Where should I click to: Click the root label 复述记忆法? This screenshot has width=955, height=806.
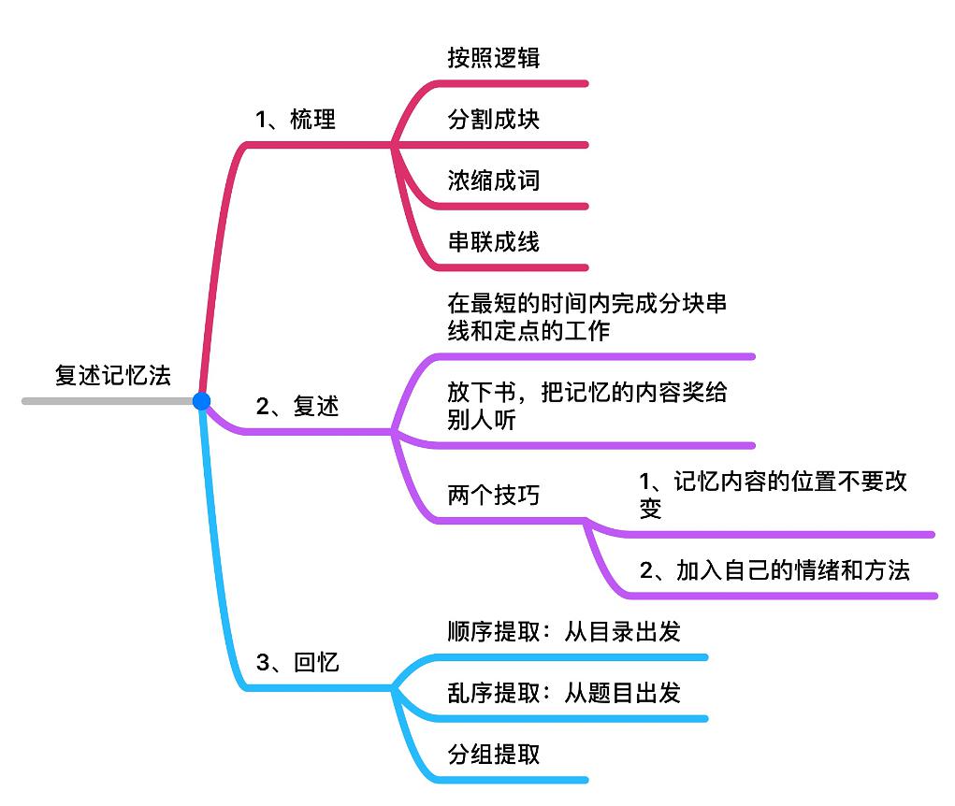click(112, 376)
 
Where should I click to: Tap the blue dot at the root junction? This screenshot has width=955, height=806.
click(201, 401)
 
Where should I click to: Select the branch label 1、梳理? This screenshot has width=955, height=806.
click(296, 120)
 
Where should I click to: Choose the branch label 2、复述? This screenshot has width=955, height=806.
click(297, 407)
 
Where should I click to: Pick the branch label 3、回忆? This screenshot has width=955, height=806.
click(297, 663)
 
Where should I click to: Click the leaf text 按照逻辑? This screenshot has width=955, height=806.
click(493, 58)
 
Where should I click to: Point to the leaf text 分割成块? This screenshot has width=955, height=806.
click(493, 120)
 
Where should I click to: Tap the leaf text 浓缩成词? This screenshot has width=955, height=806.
click(493, 180)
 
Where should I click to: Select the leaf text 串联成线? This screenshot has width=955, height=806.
click(493, 242)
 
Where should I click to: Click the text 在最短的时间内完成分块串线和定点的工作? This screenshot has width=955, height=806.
click(586, 318)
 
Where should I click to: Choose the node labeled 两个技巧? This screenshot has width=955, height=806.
click(493, 496)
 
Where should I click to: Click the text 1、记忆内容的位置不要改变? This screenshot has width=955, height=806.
click(773, 496)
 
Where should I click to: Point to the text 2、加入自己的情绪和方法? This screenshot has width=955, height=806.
click(774, 570)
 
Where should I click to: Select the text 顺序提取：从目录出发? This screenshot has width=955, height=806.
click(563, 632)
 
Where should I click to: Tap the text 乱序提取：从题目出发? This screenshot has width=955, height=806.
click(563, 693)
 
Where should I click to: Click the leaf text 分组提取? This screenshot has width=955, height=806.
click(493, 755)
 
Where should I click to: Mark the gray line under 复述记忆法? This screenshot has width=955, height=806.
click(103, 401)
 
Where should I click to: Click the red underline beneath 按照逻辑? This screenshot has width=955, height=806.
click(524, 83)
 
